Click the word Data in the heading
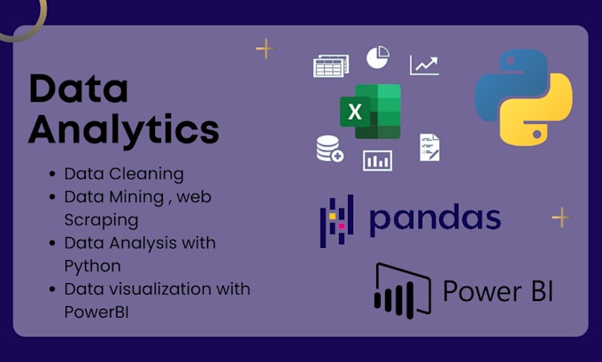coord(78,89)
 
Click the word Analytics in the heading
coord(123,129)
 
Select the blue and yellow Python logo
coord(523,97)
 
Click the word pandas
coord(435,219)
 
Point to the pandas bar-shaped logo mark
coord(336,220)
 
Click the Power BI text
coord(498,290)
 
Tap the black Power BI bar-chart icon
coord(402,290)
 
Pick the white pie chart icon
coord(378,58)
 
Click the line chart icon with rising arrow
coord(424,65)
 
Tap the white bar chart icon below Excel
coord(377,160)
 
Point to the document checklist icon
coord(429,147)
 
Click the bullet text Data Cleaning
coord(124,173)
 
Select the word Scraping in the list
coord(101,219)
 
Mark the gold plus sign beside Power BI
coord(560,217)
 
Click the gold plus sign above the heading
coord(265,49)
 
